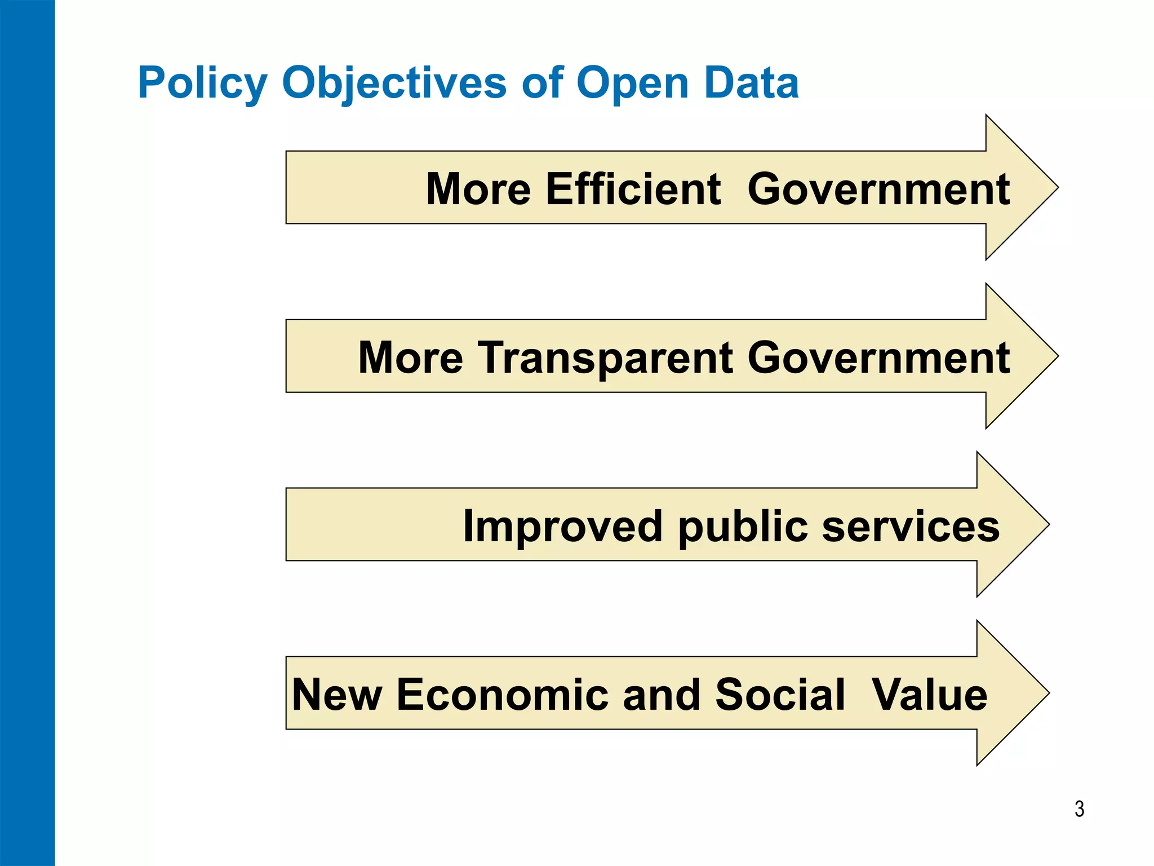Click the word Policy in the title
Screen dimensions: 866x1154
point(202,83)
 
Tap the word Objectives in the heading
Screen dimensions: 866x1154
point(394,83)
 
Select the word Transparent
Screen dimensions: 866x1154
point(606,358)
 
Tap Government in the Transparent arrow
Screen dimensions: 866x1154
point(878,358)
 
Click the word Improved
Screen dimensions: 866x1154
point(562,527)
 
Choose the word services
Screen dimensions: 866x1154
point(911,527)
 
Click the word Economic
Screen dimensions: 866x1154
point(502,695)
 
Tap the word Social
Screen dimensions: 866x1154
point(780,695)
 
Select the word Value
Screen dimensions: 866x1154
point(929,695)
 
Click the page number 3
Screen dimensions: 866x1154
point(1079,809)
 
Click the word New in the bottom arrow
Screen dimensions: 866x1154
point(337,695)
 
